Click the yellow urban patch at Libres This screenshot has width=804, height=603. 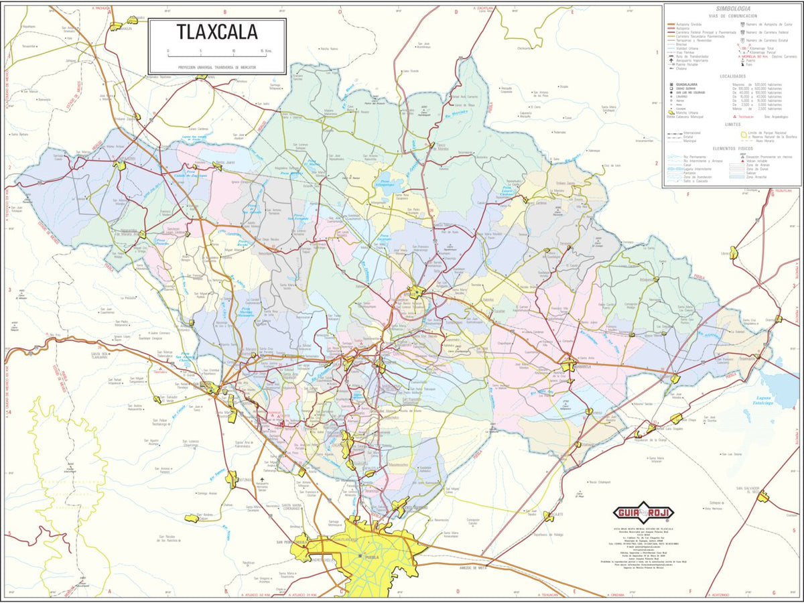(x=734, y=253)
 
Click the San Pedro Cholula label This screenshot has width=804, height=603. (x=292, y=542)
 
